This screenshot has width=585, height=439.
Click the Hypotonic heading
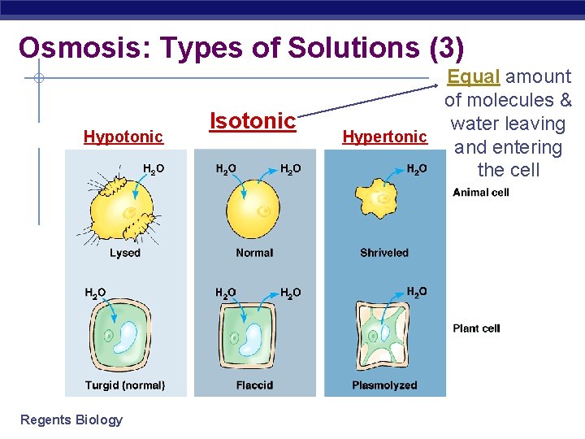tap(123, 137)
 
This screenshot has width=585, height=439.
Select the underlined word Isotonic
tap(252, 121)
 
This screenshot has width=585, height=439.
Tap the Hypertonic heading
tap(384, 137)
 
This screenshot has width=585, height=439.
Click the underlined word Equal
tap(474, 76)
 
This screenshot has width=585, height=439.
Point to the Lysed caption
tap(125, 253)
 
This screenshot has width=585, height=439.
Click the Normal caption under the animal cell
tap(254, 253)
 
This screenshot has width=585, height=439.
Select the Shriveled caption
tap(384, 253)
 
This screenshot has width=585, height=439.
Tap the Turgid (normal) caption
tap(125, 385)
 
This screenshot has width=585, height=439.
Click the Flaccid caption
tap(254, 385)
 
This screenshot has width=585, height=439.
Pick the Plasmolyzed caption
tap(384, 385)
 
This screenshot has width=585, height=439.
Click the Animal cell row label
tap(481, 193)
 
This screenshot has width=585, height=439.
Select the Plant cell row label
tap(476, 328)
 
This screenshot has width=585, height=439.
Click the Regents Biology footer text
tap(71, 419)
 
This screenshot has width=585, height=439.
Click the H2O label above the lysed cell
tap(154, 169)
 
